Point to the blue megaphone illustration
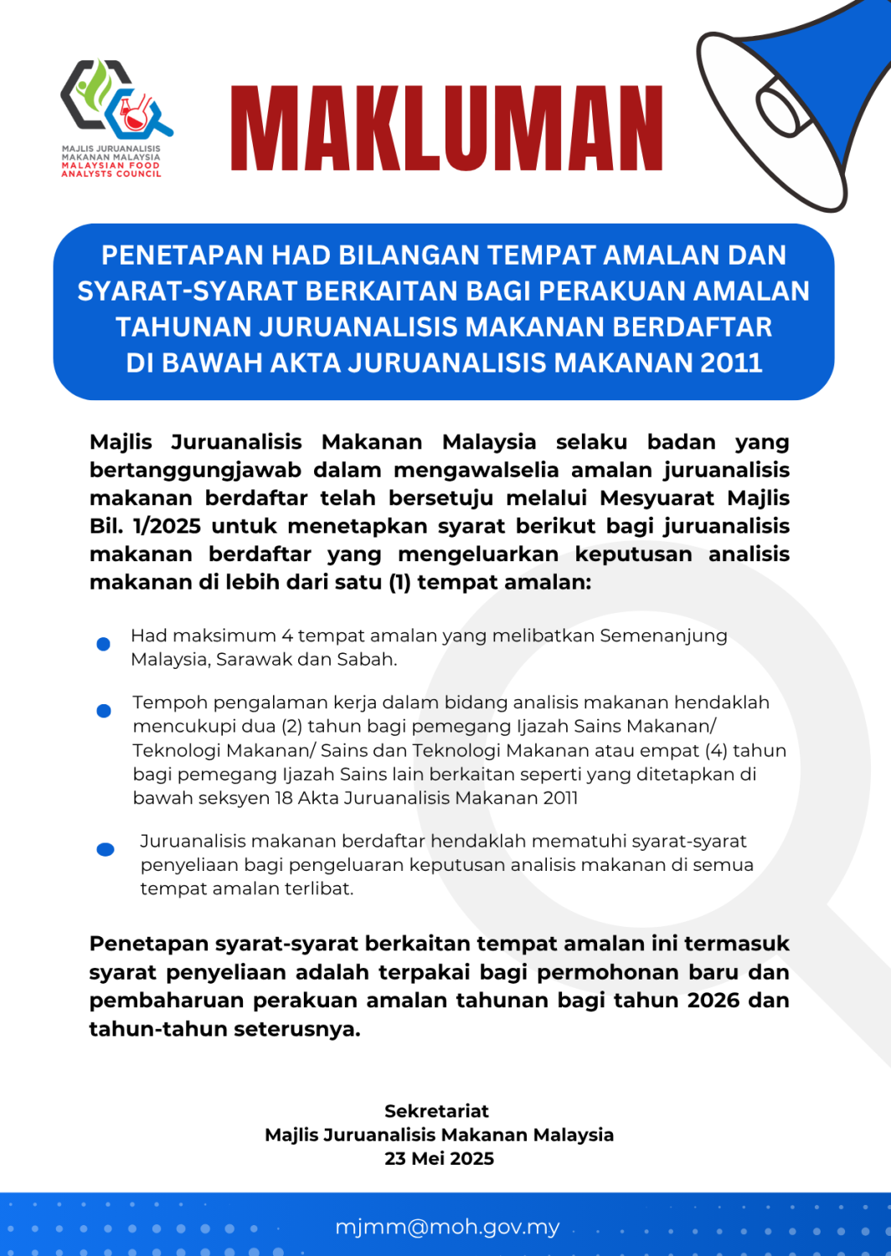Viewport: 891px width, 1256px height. click(796, 100)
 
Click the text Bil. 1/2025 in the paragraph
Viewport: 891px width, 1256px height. click(145, 526)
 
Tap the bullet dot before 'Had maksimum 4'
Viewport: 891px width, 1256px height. click(104, 644)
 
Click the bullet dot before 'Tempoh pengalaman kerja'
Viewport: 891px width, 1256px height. click(104, 711)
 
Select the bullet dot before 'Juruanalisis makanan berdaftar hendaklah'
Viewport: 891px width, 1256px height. click(106, 849)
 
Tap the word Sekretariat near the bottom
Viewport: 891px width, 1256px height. click(436, 1111)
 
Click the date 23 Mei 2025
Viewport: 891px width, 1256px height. click(439, 1159)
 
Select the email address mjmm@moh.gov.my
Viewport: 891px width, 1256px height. click(447, 1227)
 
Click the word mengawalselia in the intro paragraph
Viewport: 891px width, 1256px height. click(476, 470)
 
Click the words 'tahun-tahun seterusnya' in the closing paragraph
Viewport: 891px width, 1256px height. click(224, 1028)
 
